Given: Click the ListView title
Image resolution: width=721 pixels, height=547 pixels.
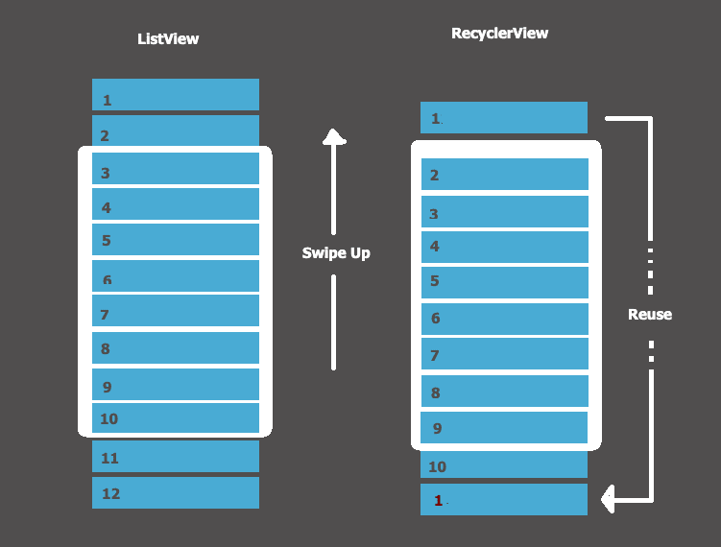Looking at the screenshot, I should tap(168, 39).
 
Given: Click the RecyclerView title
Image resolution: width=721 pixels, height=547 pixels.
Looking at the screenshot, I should tap(499, 34).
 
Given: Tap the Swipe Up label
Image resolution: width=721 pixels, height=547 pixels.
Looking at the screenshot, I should tap(335, 253).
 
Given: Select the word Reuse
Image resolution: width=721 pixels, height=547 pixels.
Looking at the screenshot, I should tap(650, 314).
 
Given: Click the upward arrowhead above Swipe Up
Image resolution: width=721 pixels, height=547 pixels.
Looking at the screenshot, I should tap(333, 136).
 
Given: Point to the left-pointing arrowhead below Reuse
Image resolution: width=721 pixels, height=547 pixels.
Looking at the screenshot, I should tap(608, 499).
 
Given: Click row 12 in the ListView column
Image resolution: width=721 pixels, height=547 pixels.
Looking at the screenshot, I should tap(176, 492).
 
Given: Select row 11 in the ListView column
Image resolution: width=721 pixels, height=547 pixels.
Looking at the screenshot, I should tap(176, 457).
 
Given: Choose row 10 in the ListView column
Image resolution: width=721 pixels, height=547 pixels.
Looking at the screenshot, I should tap(176, 418).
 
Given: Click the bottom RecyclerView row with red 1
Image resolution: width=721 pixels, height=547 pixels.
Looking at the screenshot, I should tap(504, 499).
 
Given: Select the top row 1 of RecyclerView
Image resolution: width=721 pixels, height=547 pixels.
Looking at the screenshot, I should tap(504, 118).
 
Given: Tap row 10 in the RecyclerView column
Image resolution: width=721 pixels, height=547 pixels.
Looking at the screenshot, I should tap(504, 465).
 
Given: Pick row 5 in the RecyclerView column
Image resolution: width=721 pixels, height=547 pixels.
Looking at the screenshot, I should tap(504, 282).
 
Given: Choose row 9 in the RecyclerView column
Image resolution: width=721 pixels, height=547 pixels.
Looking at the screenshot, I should tap(504, 427).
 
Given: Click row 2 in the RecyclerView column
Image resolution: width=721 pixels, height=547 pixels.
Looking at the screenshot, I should tap(504, 175).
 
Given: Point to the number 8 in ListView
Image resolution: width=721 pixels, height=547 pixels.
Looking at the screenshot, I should tap(106, 349).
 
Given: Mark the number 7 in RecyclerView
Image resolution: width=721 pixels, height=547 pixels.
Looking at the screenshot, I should tap(435, 356).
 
